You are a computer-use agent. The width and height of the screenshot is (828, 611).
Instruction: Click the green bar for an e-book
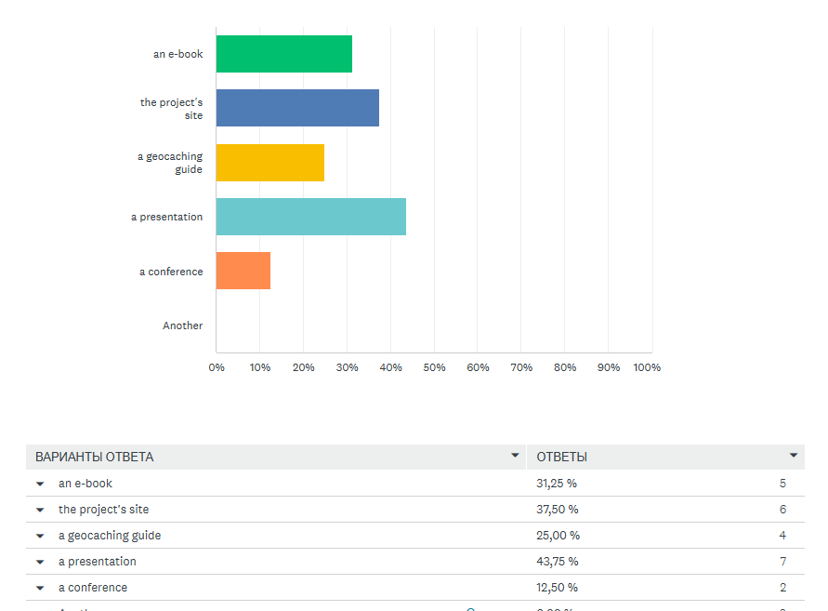pyautogui.click(x=284, y=54)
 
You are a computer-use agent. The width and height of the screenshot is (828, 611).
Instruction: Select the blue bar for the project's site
pyautogui.click(x=297, y=108)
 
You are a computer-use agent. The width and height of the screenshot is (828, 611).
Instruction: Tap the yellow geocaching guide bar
pyautogui.click(x=270, y=163)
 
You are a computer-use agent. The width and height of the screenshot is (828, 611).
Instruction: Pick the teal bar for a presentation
pyautogui.click(x=311, y=217)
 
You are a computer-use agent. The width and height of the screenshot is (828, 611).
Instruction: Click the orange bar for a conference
pyautogui.click(x=243, y=271)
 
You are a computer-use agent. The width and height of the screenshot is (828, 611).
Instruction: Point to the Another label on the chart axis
pyautogui.click(x=182, y=325)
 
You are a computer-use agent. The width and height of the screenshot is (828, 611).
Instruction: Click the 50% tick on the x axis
pyautogui.click(x=434, y=367)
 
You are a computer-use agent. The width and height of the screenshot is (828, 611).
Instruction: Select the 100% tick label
pyautogui.click(x=647, y=367)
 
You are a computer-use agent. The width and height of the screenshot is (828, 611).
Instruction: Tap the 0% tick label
pyautogui.click(x=217, y=367)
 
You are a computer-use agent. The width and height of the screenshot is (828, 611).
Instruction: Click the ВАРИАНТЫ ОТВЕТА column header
pyautogui.click(x=95, y=457)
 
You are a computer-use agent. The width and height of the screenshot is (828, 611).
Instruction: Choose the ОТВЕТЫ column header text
pyautogui.click(x=562, y=457)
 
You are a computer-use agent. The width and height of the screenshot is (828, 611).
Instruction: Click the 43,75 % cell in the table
pyautogui.click(x=558, y=562)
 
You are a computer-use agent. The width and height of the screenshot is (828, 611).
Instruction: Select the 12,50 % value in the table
pyautogui.click(x=558, y=588)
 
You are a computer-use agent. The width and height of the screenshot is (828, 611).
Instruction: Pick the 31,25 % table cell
pyautogui.click(x=558, y=484)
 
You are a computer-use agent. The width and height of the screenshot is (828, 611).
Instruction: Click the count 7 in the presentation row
pyautogui.click(x=782, y=562)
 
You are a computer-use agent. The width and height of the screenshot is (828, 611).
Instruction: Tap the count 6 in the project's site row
pyautogui.click(x=782, y=510)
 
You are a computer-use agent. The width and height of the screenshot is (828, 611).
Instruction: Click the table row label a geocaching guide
pyautogui.click(x=110, y=536)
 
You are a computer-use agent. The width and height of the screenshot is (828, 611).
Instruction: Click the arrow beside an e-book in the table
pyautogui.click(x=40, y=484)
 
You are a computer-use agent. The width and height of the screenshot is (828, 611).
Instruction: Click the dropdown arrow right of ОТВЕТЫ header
pyautogui.click(x=794, y=456)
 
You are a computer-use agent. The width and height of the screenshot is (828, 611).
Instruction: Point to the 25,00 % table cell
pyautogui.click(x=558, y=536)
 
